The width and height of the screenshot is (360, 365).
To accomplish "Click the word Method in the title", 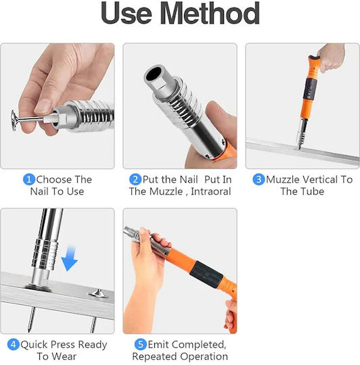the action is [x=210, y=14].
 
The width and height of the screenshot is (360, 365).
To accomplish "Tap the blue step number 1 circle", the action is [x=29, y=180].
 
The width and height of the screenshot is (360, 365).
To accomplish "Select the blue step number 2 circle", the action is [x=135, y=180].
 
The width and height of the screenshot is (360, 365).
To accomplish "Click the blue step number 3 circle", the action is [x=259, y=180].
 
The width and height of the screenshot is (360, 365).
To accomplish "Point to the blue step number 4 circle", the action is [x=14, y=345].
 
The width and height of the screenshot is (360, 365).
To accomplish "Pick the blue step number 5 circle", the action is [x=141, y=345].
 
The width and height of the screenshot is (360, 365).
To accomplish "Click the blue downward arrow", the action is [x=69, y=259].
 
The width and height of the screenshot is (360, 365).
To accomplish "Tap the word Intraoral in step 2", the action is [x=210, y=191].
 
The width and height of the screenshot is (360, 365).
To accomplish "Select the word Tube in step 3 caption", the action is [x=313, y=191].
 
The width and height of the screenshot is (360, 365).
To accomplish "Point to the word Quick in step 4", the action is [x=35, y=345].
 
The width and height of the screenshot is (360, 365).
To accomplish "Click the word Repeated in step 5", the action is [x=155, y=357].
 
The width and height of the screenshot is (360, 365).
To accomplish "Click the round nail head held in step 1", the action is [x=15, y=120].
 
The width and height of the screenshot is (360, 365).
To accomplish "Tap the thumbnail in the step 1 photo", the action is [x=43, y=106].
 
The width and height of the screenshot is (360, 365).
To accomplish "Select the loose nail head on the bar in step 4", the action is [x=99, y=293].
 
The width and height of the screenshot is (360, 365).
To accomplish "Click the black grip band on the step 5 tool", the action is [x=206, y=274].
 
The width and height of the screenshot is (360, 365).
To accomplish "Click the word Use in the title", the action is [x=127, y=14].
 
